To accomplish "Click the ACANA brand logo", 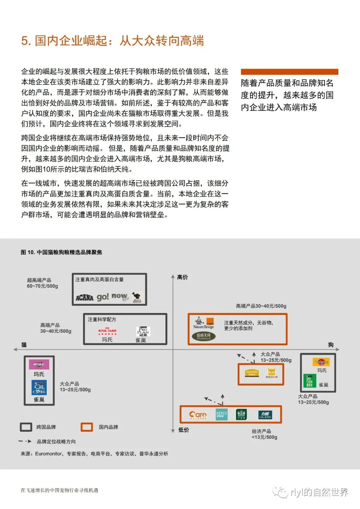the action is pyautogui.click(x=84, y=297).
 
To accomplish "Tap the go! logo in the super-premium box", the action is pyautogui.click(x=103, y=297).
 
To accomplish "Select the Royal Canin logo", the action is pyautogui.click(x=107, y=331).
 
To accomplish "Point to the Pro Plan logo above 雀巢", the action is pyautogui.click(x=143, y=331).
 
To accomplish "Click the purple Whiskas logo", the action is pyautogui.click(x=39, y=364).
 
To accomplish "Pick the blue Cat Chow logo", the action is pyautogui.click(x=39, y=387).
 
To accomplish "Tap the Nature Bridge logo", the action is pyautogui.click(x=203, y=323).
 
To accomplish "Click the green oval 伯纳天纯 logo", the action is pyautogui.click(x=203, y=336).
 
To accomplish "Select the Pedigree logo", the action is pyautogui.click(x=321, y=362).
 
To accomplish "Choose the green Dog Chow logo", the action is pyautogui.click(x=310, y=381).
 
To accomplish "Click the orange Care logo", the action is pyautogui.click(x=198, y=415).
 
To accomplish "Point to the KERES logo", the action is pyautogui.click(x=221, y=414).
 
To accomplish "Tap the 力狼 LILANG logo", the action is pyautogui.click(x=265, y=415).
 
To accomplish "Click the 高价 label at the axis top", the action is pyautogui.click(x=183, y=277).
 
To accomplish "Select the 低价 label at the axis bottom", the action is pyautogui.click(x=184, y=430).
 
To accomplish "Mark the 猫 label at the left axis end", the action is pyautogui.click(x=24, y=345).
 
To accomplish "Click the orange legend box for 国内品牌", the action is pyautogui.click(x=87, y=427).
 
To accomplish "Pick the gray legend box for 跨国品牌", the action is pyautogui.click(x=26, y=427).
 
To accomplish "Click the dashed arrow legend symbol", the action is pyautogui.click(x=25, y=441).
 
